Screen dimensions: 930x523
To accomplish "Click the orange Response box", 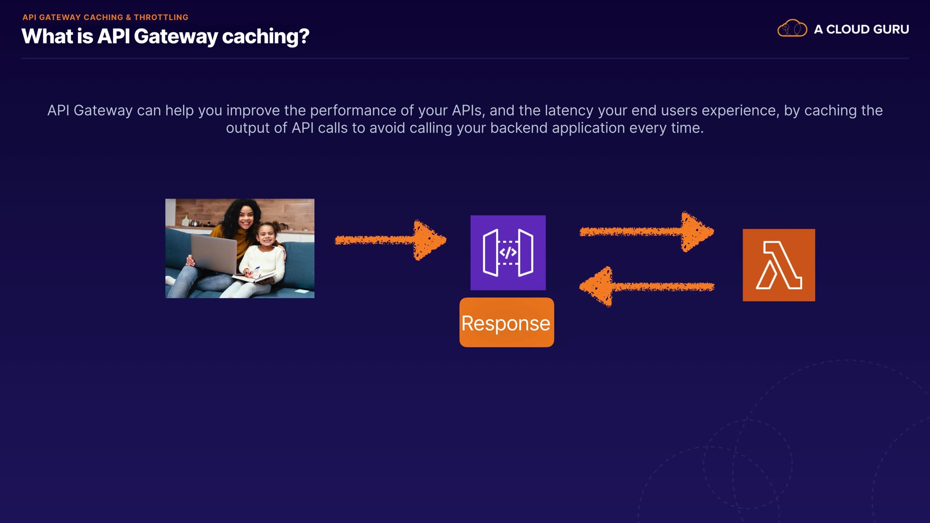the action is pos(507,323).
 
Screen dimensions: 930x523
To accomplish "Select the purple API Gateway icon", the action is pos(508,253).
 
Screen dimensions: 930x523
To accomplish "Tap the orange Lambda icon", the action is pos(779,265).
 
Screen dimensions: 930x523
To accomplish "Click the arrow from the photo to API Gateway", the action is pos(390,240).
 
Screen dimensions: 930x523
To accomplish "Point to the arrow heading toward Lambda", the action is pos(647,232).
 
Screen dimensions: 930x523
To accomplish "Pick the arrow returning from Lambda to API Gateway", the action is pos(647,287).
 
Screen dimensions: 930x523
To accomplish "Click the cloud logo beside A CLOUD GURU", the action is pos(792,29).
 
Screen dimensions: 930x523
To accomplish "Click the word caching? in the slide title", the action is pos(265,37).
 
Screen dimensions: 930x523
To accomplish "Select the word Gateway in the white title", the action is pos(176,37).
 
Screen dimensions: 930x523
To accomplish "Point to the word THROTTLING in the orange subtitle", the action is pos(161,17).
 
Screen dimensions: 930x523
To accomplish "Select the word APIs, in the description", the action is pos(468,111).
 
